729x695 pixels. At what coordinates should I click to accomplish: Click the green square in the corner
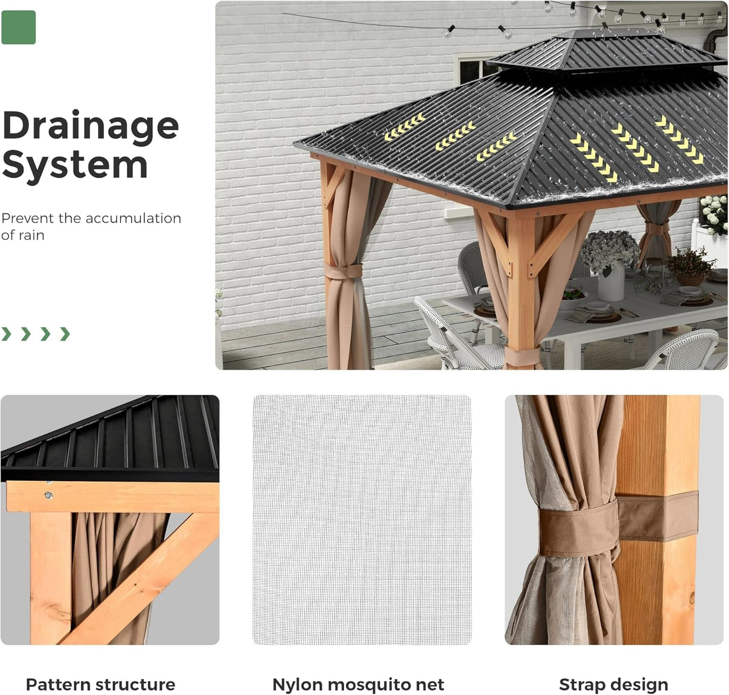coord(19,27)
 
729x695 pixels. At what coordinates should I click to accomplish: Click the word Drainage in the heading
coord(91,126)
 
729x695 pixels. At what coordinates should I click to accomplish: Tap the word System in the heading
coord(75,165)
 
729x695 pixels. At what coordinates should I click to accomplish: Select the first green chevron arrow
coord(6,334)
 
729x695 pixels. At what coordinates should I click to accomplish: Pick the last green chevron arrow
coord(65,334)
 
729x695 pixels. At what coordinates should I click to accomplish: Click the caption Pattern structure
coord(100,684)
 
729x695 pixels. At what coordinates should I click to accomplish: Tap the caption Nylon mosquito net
coord(358,684)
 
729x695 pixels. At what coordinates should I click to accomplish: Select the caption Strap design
coord(613,684)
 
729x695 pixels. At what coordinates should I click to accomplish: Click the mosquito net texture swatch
coord(362,520)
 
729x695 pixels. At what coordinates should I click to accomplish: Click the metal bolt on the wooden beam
coord(49,496)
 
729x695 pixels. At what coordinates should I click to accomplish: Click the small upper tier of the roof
coord(605,50)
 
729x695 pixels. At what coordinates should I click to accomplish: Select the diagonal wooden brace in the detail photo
coord(141,580)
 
